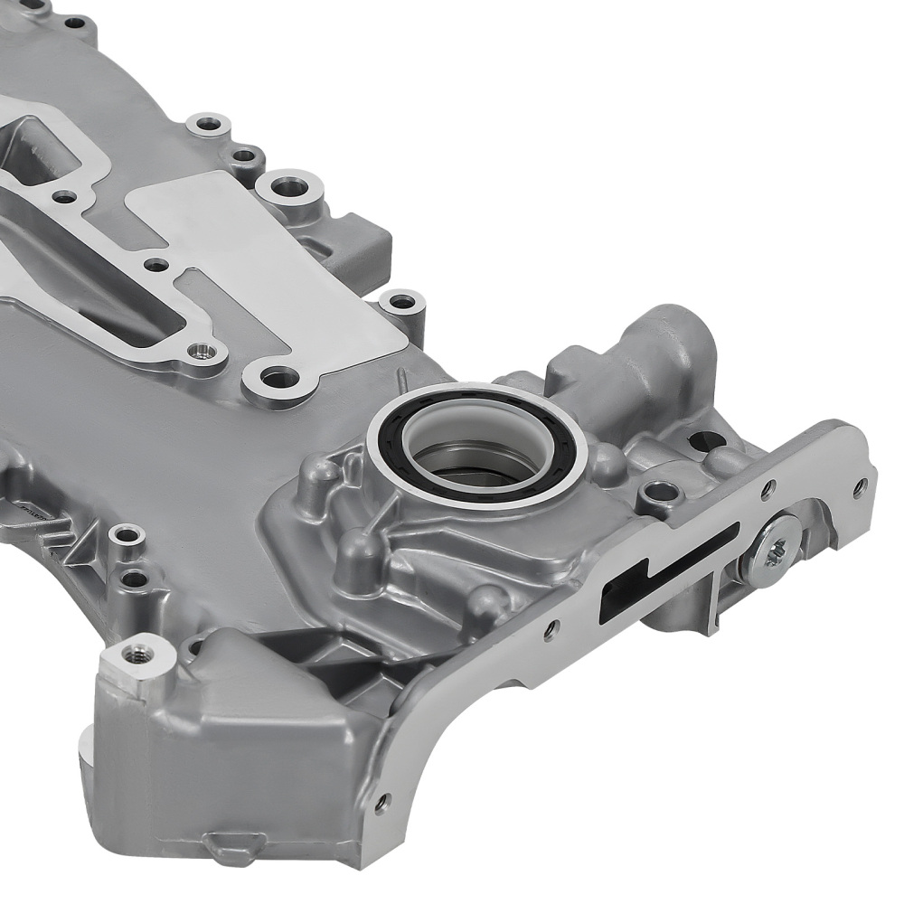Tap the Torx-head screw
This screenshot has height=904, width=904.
click(x=776, y=551)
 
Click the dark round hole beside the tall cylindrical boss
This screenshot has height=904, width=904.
click(x=706, y=441)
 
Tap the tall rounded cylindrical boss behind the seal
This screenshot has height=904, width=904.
click(x=673, y=344)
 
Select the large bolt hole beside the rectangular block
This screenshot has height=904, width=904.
click(x=289, y=188)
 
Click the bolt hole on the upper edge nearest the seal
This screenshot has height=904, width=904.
click(x=400, y=303)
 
